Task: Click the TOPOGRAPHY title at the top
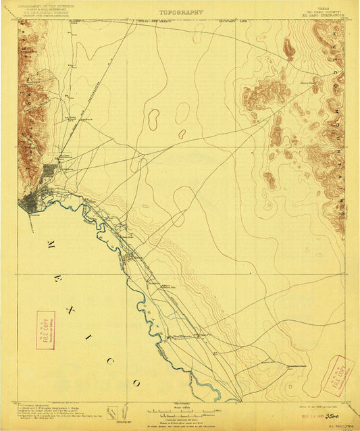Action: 180,12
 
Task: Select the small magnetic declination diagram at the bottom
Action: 116,410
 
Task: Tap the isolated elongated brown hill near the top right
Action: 289,47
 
